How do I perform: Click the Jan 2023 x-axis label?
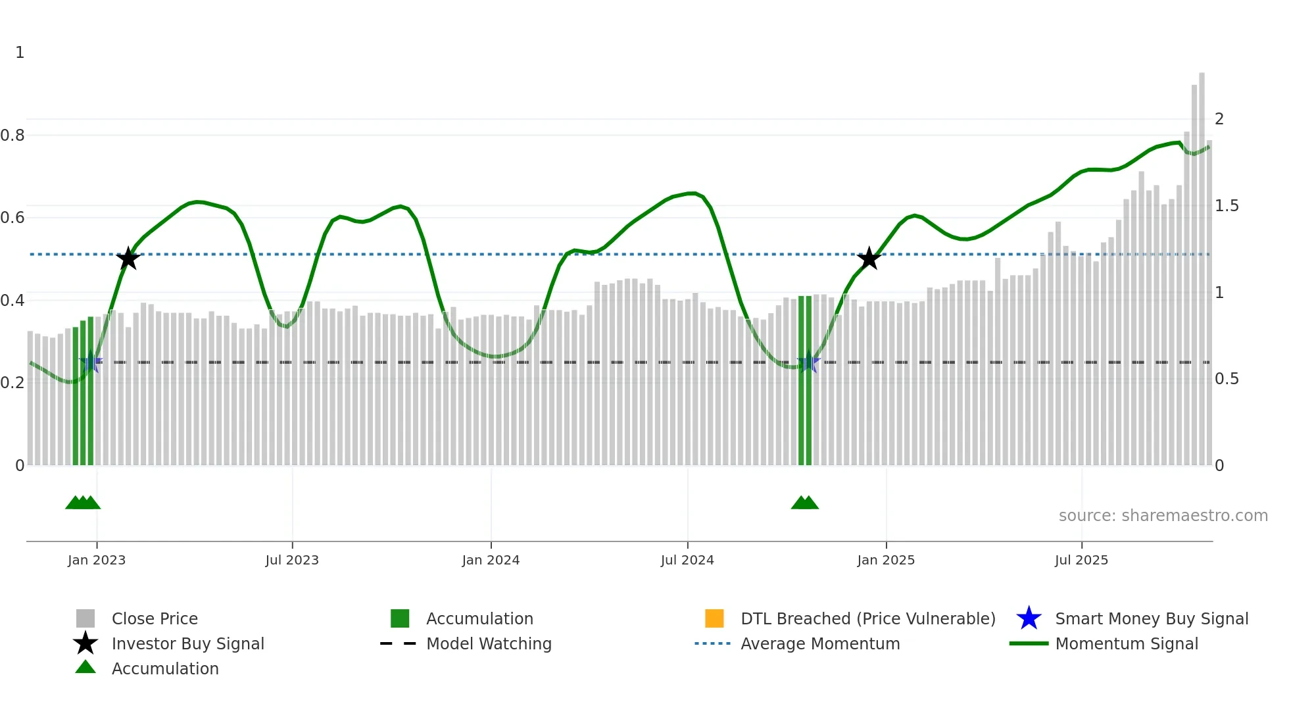tap(96, 560)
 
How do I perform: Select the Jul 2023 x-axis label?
tap(292, 560)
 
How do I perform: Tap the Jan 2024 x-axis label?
tap(491, 560)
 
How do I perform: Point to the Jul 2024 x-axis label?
tap(687, 560)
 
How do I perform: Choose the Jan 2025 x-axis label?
tap(886, 560)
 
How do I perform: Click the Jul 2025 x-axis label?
tap(1081, 560)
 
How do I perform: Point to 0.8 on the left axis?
tap(12, 136)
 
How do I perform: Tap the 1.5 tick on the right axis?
tap(1227, 206)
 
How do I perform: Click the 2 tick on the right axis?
tap(1219, 119)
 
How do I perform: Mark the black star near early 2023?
tap(128, 259)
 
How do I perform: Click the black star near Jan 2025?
tap(869, 259)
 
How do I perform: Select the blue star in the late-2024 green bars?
tap(808, 362)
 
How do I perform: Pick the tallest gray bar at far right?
tap(1202, 263)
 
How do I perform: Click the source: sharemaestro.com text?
tap(1163, 516)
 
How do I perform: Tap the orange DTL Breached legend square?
tap(714, 618)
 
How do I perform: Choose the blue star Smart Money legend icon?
tap(1029, 618)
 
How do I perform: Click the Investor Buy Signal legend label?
tap(187, 643)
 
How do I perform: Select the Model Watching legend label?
tap(489, 643)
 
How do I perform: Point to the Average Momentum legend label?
tap(820, 643)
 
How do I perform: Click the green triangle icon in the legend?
tap(85, 667)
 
